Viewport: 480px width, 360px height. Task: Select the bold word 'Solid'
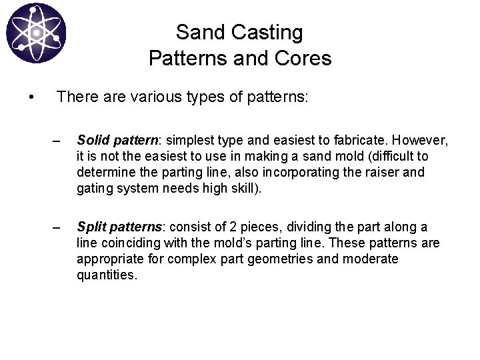click(91, 141)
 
